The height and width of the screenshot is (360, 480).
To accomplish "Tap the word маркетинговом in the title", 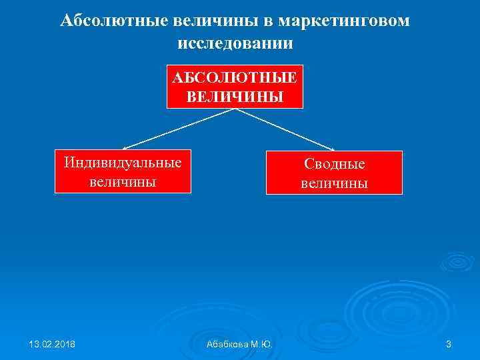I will [344, 21].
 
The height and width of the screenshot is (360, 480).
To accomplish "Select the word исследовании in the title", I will [235, 43].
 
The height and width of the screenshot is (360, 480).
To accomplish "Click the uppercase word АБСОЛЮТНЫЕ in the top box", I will [235, 77].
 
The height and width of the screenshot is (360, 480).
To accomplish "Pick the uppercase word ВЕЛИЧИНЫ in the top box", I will [235, 97].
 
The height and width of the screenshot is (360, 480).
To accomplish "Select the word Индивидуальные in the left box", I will [123, 162].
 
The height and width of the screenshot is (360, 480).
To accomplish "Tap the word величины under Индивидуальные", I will [123, 181].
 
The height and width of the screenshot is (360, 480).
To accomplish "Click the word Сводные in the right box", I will [334, 164].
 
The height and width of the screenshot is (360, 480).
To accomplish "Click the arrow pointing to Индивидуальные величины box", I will [177, 129].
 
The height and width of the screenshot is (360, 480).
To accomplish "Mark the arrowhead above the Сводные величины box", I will [330, 147].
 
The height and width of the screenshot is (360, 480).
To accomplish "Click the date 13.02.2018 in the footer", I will [52, 344].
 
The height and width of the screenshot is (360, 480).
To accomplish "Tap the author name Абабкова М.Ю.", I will [239, 344].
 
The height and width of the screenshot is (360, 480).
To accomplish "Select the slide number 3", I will [448, 344].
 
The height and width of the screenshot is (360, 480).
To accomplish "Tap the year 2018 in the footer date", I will [64, 344].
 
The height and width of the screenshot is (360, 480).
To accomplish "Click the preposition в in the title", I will [267, 21].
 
